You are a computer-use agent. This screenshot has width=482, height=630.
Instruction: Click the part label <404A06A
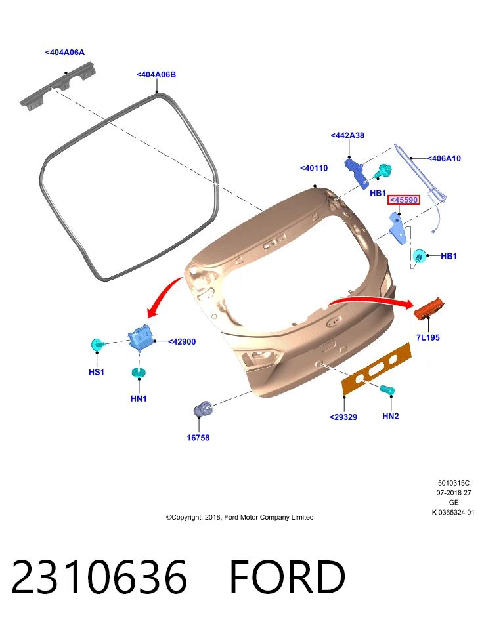tap(65, 52)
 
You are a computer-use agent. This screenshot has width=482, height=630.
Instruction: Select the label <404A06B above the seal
tap(156, 74)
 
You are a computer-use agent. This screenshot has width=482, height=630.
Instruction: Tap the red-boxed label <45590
tap(404, 199)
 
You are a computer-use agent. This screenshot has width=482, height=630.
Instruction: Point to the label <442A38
tap(347, 135)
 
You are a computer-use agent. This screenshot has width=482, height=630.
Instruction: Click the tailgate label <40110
tap(314, 168)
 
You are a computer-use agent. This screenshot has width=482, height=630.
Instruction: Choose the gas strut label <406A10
tap(444, 158)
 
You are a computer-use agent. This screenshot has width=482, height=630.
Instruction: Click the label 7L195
tap(427, 337)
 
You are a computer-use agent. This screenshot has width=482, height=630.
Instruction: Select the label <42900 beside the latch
tap(182, 341)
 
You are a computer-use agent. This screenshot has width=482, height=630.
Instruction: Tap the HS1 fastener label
tap(97, 372)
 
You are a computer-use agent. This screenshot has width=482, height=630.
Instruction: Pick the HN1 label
tap(139, 398)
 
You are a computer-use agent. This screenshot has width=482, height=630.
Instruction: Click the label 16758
tap(198, 438)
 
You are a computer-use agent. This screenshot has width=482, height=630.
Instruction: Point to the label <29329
tap(343, 417)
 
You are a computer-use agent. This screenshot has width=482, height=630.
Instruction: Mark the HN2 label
tap(391, 416)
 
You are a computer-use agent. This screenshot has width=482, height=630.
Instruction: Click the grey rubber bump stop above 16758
tap(203, 409)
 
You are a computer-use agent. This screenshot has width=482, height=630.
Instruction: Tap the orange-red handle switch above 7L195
tap(429, 308)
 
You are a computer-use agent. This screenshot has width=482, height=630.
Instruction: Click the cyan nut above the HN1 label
tap(139, 373)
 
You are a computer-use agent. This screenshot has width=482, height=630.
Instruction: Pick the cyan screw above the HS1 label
tap(98, 345)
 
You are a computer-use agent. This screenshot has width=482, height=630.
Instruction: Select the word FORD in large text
tap(288, 577)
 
